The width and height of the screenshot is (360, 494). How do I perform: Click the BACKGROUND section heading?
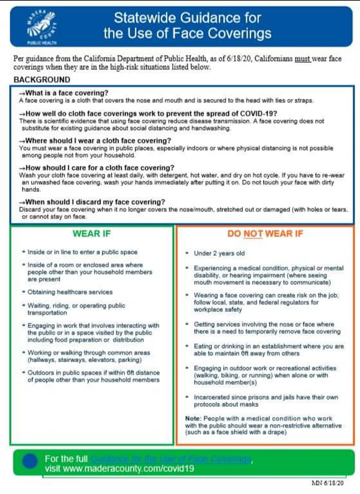(x=42, y=80)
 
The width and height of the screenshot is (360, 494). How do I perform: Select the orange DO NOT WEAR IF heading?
(x=265, y=234)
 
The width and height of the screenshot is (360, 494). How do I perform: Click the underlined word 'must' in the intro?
(x=302, y=59)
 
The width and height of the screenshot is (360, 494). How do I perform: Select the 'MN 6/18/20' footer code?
(x=328, y=483)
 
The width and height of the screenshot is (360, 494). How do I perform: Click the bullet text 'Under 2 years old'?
(x=219, y=254)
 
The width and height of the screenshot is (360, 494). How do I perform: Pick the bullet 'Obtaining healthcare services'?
(x=70, y=292)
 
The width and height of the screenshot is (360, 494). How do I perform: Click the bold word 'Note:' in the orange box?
(x=193, y=418)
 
